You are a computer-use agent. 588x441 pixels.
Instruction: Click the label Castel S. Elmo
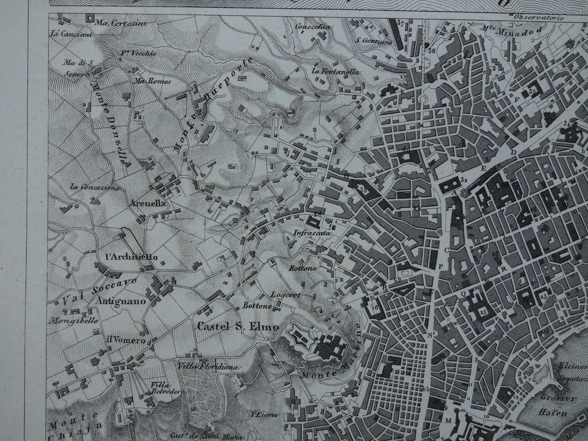click(238, 326)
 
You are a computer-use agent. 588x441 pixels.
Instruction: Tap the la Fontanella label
click(336, 72)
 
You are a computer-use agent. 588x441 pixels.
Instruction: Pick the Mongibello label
click(73, 320)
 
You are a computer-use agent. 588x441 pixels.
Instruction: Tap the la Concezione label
click(94, 188)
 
